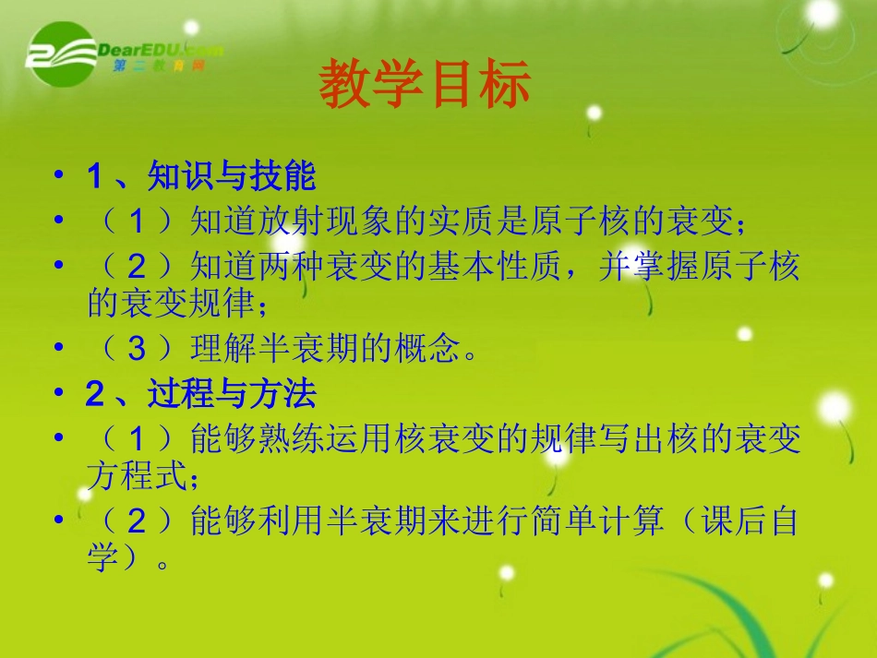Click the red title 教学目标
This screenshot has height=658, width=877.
pyautogui.click(x=426, y=85)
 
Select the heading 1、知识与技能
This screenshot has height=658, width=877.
pyautogui.click(x=200, y=175)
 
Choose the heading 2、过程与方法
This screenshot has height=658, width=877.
pyautogui.click(x=200, y=394)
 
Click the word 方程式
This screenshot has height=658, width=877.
pyautogui.click(x=135, y=477)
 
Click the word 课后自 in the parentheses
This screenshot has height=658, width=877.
pyautogui.click(x=752, y=523)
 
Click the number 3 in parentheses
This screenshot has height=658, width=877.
pyautogui.click(x=137, y=349)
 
